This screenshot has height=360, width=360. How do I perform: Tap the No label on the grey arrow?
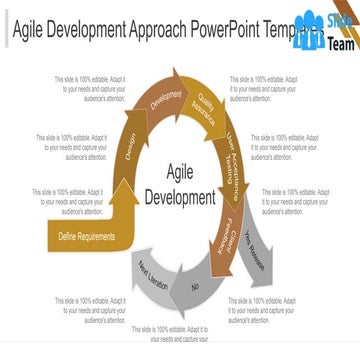coord(195,288)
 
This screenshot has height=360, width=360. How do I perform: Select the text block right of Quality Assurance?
coord(258,88)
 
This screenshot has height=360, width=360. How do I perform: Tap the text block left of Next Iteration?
coord(91,305)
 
